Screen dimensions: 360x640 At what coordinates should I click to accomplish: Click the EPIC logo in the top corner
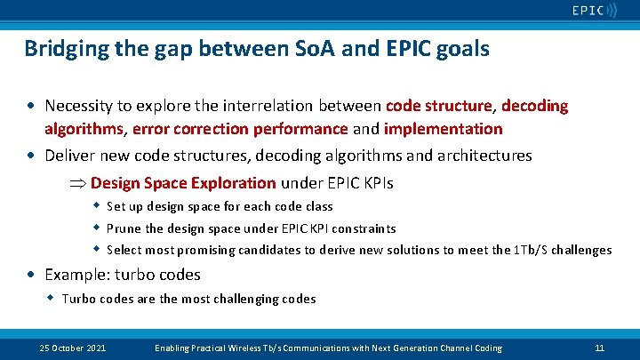coord(593,12)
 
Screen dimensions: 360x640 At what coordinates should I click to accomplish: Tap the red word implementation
coord(445,129)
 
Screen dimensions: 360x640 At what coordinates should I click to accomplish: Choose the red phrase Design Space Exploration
coord(183,183)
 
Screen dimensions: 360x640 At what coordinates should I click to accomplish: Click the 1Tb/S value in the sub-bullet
coord(531,250)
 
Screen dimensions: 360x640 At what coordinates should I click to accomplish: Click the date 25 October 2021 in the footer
coord(73,348)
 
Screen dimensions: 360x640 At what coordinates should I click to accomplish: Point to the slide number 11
coord(599,348)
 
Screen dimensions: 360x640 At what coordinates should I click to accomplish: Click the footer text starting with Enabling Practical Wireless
coord(328,348)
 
